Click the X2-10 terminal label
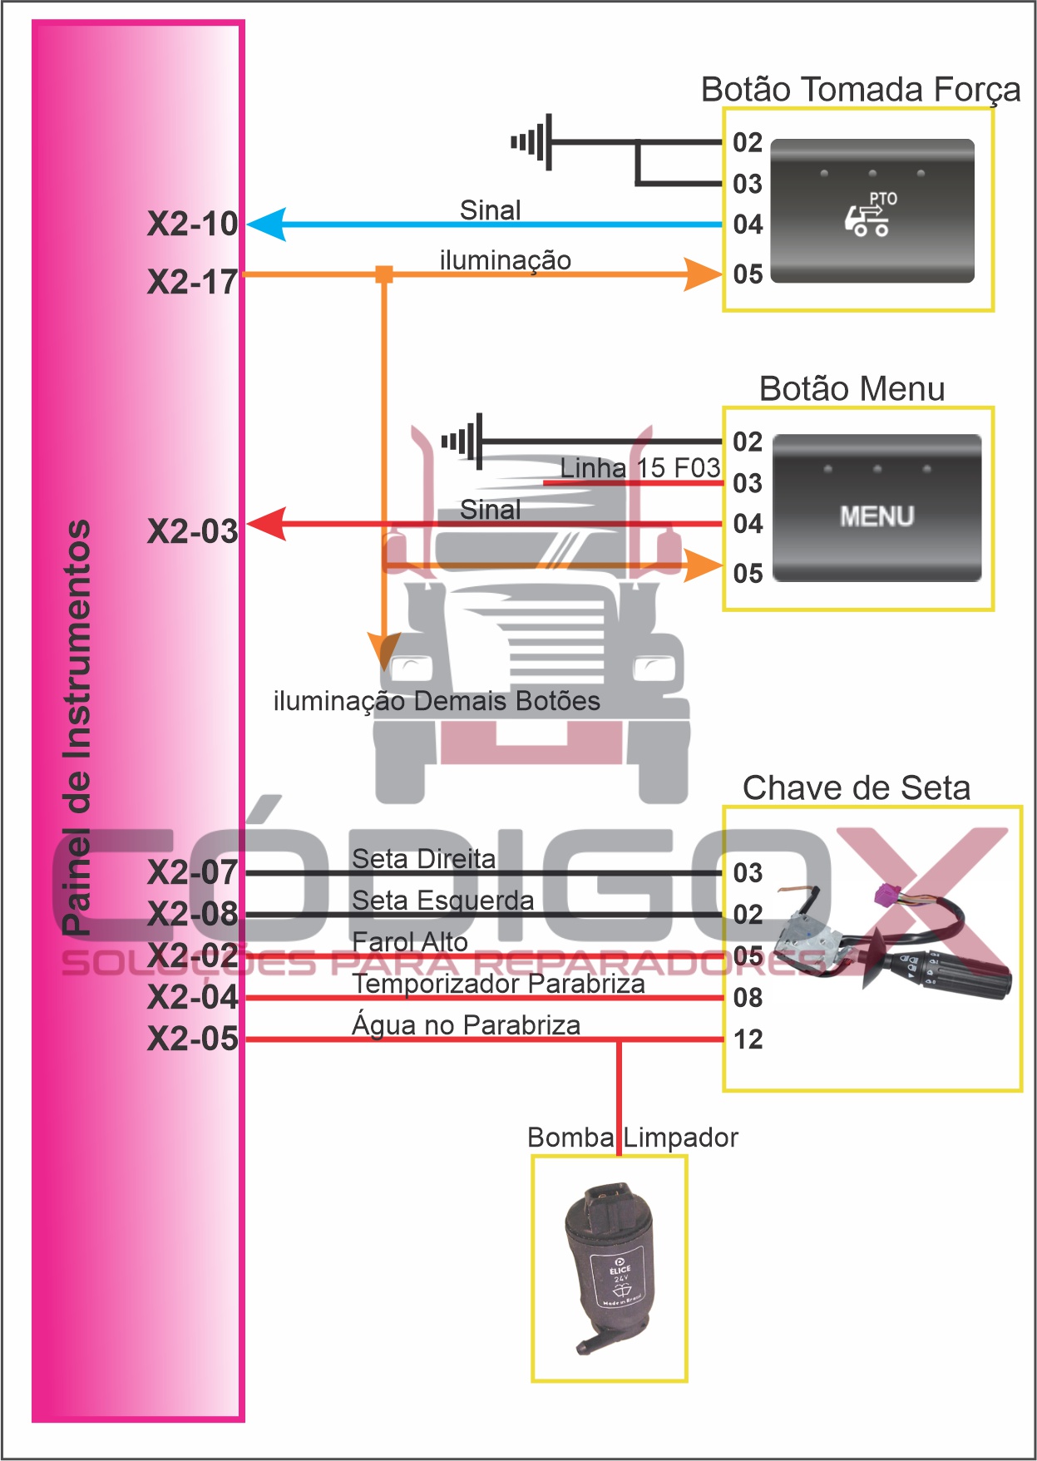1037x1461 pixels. pos(192,225)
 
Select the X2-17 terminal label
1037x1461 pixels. pos(192,283)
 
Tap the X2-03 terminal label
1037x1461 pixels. pos(192,531)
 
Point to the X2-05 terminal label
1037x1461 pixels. pos(192,1039)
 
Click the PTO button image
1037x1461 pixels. pos(872,211)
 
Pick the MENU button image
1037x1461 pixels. pos(877,508)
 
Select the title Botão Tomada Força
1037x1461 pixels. pos(860,90)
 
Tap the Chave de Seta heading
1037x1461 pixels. pos(856,787)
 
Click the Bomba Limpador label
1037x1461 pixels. pos(632,1137)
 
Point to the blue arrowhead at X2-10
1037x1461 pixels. pos(265,225)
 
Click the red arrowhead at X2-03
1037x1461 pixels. pos(265,524)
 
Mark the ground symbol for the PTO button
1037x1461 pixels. pos(532,142)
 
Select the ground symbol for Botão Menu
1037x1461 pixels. pos(462,441)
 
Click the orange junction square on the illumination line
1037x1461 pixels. pos(384,274)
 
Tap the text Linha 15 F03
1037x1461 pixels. pos(639,468)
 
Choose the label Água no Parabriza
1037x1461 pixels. pos(466,1025)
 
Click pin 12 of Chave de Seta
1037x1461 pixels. pos(748,1039)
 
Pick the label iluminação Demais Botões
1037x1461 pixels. pos(437,701)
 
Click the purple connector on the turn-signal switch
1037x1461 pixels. pos(885,896)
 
